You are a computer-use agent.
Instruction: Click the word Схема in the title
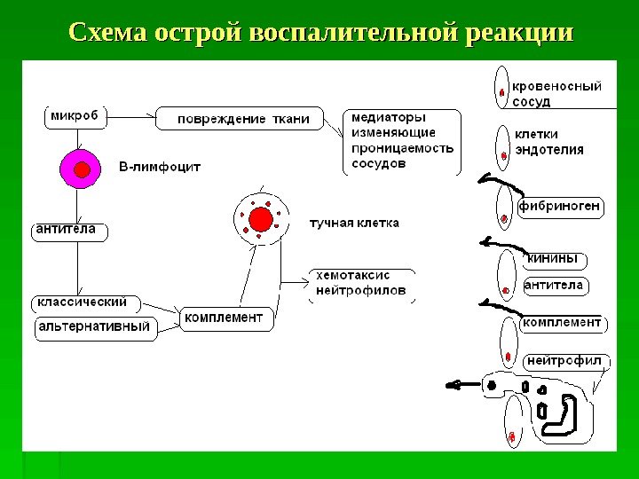click(108, 34)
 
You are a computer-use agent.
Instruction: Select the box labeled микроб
click(74, 116)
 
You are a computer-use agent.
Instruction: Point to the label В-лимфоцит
click(160, 166)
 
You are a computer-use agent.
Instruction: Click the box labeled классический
click(82, 302)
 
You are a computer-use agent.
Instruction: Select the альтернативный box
click(95, 327)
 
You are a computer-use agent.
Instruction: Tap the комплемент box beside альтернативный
click(225, 317)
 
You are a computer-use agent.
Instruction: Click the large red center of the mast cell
click(261, 218)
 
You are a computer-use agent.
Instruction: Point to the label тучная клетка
click(354, 223)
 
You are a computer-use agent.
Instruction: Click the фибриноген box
click(559, 208)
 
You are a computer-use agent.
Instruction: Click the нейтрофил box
click(564, 361)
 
